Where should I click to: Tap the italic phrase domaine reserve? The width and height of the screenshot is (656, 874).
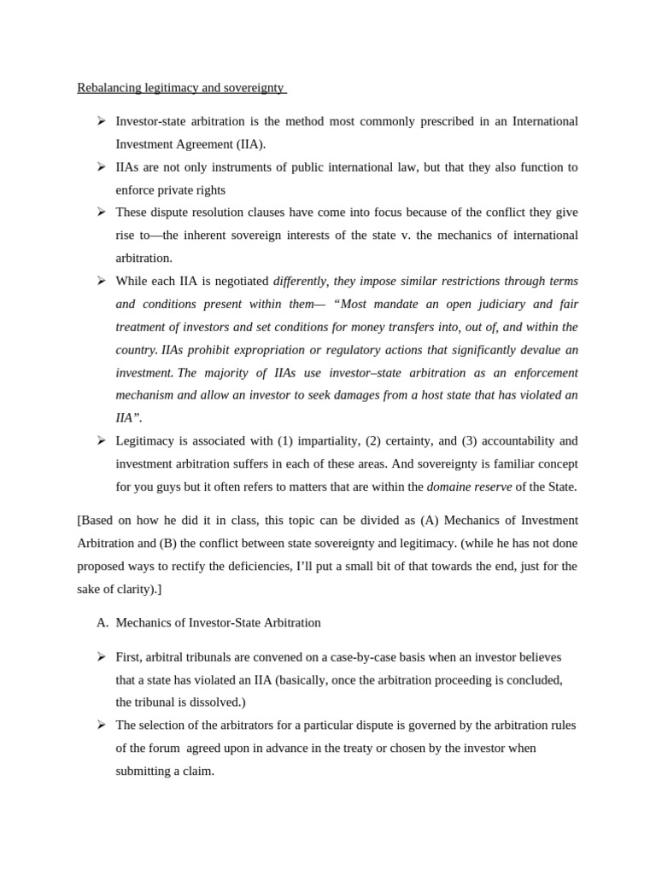tap(469, 487)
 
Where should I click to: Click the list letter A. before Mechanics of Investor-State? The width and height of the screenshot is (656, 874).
tap(102, 622)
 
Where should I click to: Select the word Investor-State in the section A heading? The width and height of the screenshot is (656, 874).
tap(214, 622)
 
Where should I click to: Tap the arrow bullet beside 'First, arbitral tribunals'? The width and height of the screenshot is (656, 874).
tap(101, 656)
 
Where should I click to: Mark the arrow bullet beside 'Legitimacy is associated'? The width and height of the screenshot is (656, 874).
tap(101, 440)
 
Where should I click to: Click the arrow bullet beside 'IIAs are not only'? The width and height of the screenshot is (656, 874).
tap(101, 166)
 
